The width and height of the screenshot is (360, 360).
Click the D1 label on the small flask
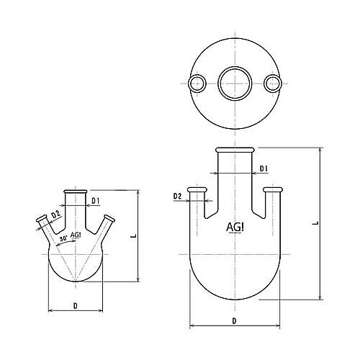point(96,201)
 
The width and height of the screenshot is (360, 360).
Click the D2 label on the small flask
point(56,215)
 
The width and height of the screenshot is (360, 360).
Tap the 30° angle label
point(63,239)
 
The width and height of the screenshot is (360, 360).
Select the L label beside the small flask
point(134,236)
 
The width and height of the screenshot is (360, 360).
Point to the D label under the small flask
point(76,306)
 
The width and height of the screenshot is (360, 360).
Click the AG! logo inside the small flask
point(76,235)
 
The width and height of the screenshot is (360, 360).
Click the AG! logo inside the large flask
point(235,227)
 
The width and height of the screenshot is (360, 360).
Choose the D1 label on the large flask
point(264,168)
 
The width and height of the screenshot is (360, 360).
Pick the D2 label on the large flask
point(177,197)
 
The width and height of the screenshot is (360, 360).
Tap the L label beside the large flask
point(316,223)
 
